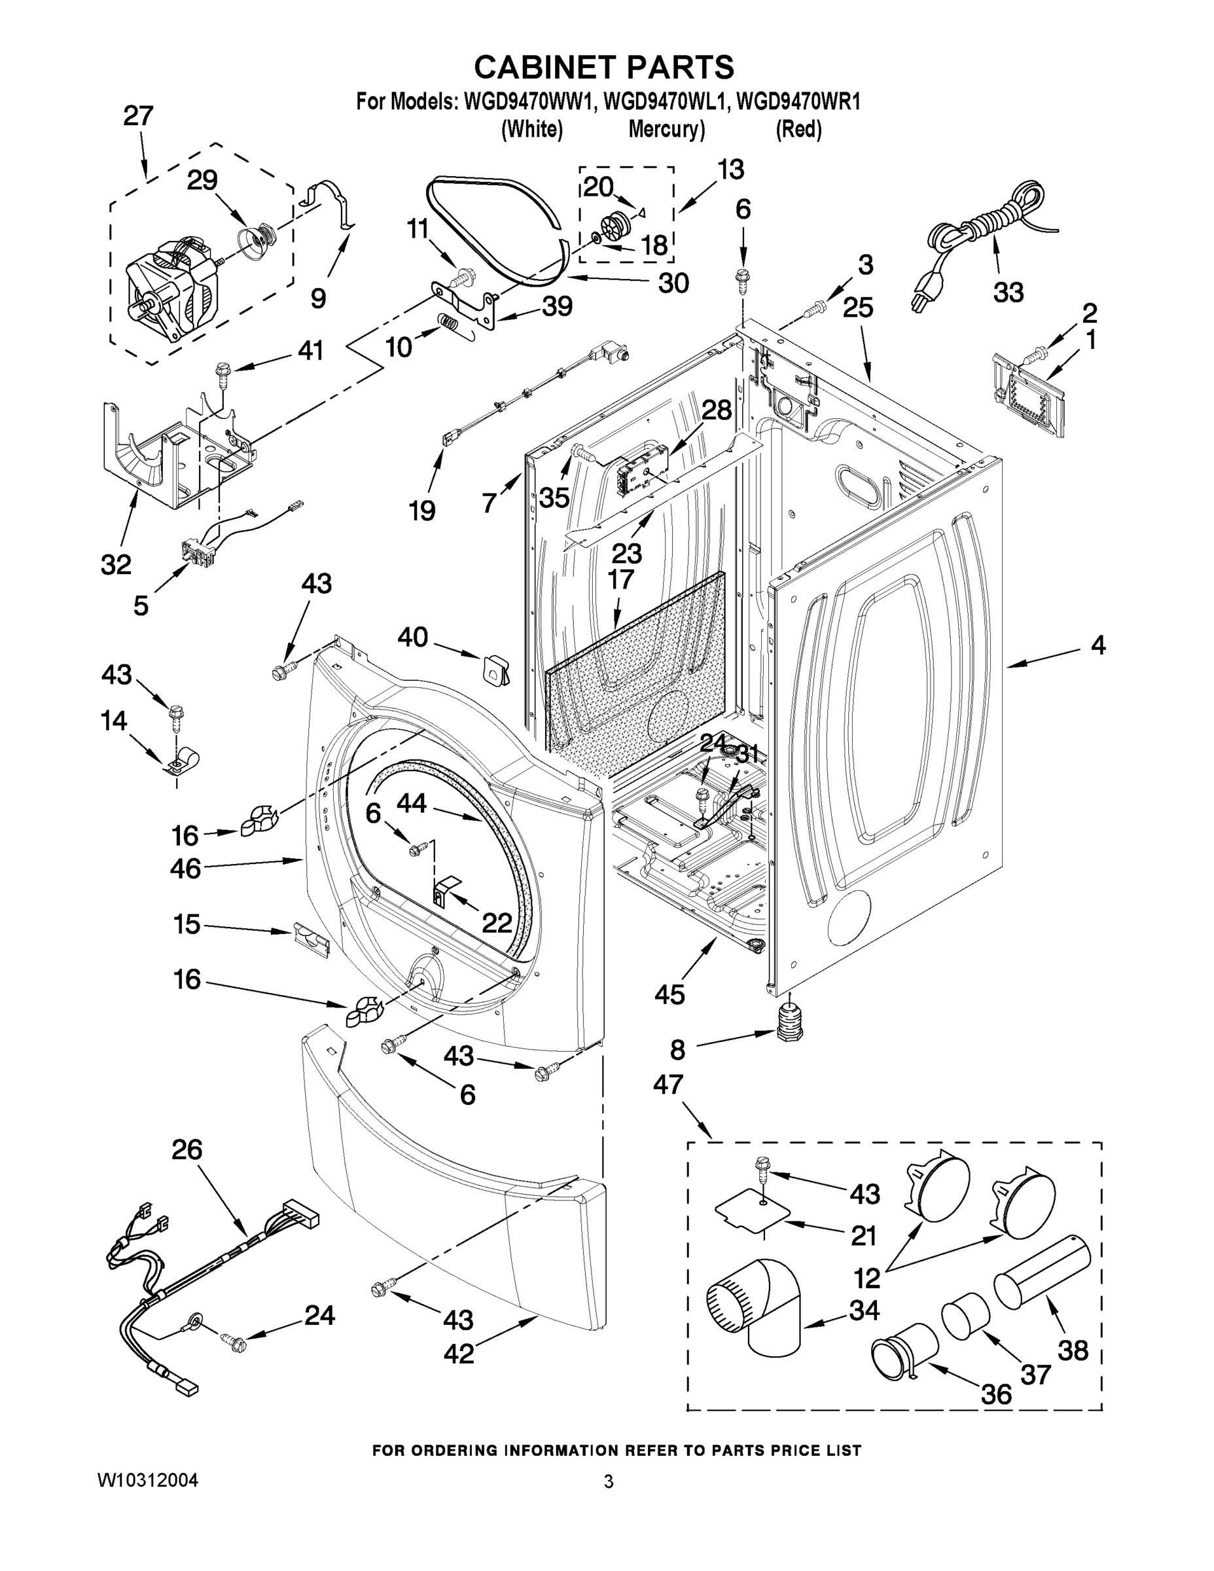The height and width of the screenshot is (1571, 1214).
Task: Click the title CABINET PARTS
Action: pyautogui.click(x=604, y=67)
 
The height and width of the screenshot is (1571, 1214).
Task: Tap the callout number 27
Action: pyautogui.click(x=138, y=116)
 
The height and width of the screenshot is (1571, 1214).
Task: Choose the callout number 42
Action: pyautogui.click(x=459, y=1353)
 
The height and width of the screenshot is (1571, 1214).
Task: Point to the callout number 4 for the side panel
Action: pyautogui.click(x=1098, y=645)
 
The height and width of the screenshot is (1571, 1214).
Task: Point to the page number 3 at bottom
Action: pyautogui.click(x=609, y=1482)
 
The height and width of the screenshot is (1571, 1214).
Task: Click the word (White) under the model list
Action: pyautogui.click(x=531, y=130)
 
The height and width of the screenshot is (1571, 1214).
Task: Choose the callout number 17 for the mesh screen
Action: pyautogui.click(x=620, y=579)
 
